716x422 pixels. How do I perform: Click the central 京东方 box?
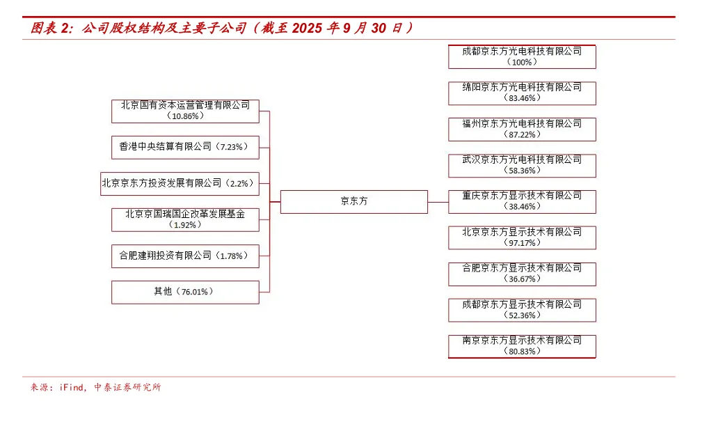point(353,201)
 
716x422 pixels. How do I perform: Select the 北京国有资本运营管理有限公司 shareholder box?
point(185,111)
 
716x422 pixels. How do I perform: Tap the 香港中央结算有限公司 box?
point(185,147)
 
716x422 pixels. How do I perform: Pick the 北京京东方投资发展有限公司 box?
point(180,183)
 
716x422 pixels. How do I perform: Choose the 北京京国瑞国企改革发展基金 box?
point(185,219)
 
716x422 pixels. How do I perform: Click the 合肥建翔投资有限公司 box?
point(185,256)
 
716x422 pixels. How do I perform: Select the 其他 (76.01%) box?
point(185,292)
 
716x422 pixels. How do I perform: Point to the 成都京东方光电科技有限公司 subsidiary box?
point(522,56)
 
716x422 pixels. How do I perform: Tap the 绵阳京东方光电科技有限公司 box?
point(522,93)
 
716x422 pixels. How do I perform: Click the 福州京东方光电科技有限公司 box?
point(522,129)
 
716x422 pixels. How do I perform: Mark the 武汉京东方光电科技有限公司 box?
point(522,165)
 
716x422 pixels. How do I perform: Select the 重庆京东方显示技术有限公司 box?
point(522,201)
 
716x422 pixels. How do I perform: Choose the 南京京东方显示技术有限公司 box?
point(522,345)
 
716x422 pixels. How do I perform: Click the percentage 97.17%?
point(522,243)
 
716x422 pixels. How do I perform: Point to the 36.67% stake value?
point(522,279)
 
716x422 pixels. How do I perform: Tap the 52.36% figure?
point(522,315)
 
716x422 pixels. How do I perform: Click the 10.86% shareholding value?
point(185,116)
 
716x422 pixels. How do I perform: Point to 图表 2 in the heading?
point(50,29)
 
